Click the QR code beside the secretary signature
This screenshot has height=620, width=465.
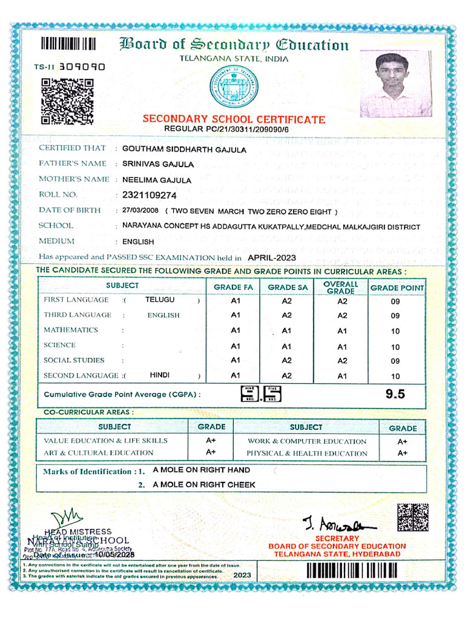(412, 517)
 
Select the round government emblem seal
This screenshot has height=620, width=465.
(233, 87)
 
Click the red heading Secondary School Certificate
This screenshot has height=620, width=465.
(234, 119)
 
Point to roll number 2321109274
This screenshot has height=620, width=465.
(149, 195)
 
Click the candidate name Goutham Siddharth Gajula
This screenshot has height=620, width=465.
(184, 149)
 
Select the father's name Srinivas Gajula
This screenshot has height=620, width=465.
(158, 164)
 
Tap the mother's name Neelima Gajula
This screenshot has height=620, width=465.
(157, 180)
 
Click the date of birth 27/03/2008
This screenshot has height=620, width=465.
(139, 211)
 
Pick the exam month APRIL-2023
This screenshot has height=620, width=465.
(272, 257)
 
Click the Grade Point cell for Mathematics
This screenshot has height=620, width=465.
(395, 331)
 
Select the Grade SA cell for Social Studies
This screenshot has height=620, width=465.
(287, 360)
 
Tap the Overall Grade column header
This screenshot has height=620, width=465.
(341, 288)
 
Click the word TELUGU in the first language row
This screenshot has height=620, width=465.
(160, 300)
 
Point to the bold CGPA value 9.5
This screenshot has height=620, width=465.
(395, 394)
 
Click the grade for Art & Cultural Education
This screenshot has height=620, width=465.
(211, 452)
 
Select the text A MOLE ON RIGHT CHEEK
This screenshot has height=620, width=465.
(203, 484)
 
